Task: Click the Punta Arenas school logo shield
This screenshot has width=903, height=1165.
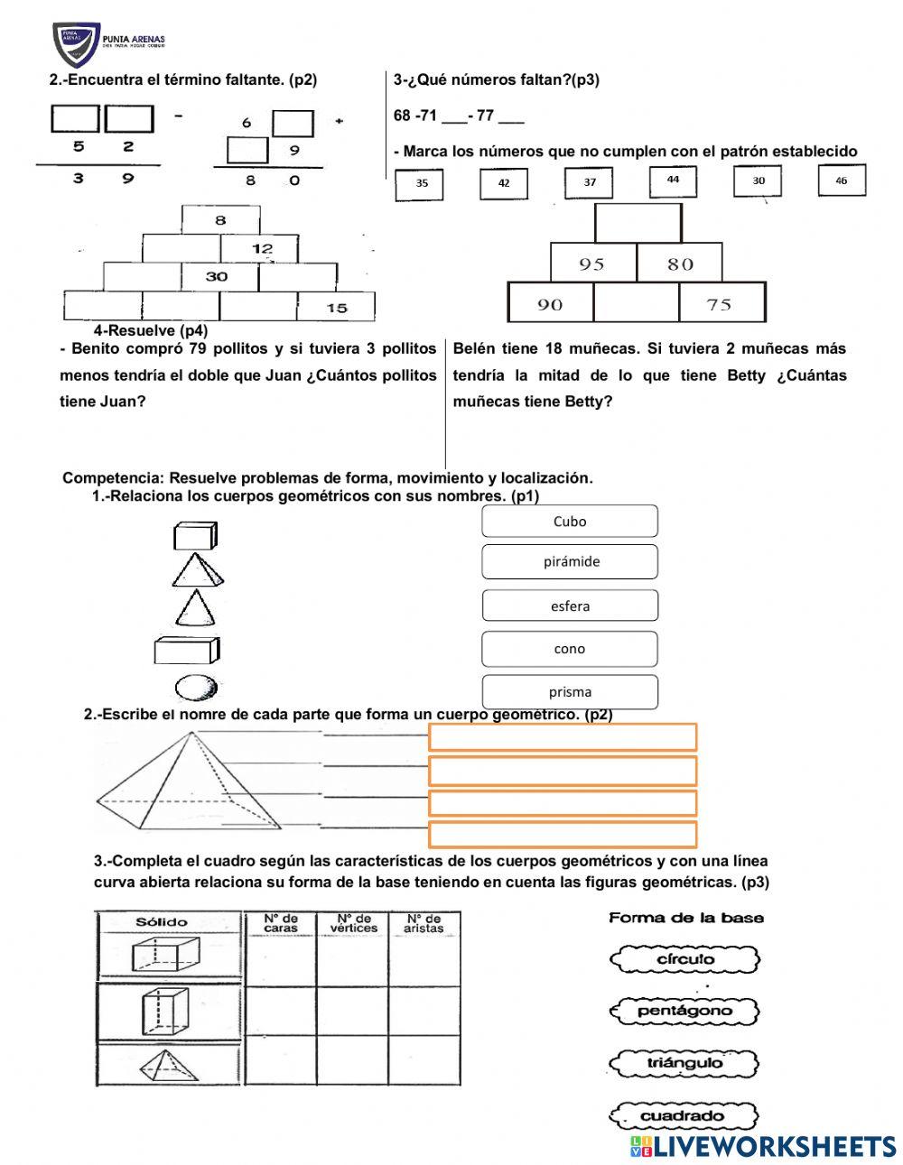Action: pyautogui.click(x=76, y=44)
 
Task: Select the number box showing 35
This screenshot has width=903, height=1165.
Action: pyautogui.click(x=422, y=184)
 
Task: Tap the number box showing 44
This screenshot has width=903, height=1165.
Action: pyautogui.click(x=673, y=180)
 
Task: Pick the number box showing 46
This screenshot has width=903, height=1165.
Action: pyautogui.click(x=842, y=180)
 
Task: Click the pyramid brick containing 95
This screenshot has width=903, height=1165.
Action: pyautogui.click(x=593, y=264)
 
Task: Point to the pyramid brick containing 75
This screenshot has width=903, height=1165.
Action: pyautogui.click(x=721, y=303)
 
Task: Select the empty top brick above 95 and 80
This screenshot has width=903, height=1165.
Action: pyautogui.click(x=638, y=223)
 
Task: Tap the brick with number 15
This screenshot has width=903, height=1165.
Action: pyautogui.click(x=336, y=308)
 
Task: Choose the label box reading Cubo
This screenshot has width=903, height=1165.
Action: pyautogui.click(x=570, y=522)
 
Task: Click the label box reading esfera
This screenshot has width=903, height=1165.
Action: pyautogui.click(x=570, y=606)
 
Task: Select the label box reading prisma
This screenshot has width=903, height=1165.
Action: pyautogui.click(x=570, y=692)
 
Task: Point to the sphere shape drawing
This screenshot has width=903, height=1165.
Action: pyautogui.click(x=196, y=689)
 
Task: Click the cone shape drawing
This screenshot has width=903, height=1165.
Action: pyautogui.click(x=195, y=608)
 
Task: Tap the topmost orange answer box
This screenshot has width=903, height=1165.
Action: pyautogui.click(x=562, y=737)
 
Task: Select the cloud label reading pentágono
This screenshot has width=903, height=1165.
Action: pyautogui.click(x=684, y=1011)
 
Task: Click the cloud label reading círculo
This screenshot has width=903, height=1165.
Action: pyautogui.click(x=684, y=959)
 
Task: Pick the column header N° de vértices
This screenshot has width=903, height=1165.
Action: pyautogui.click(x=353, y=923)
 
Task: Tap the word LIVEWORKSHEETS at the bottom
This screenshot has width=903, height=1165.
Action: pyautogui.click(x=773, y=1146)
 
